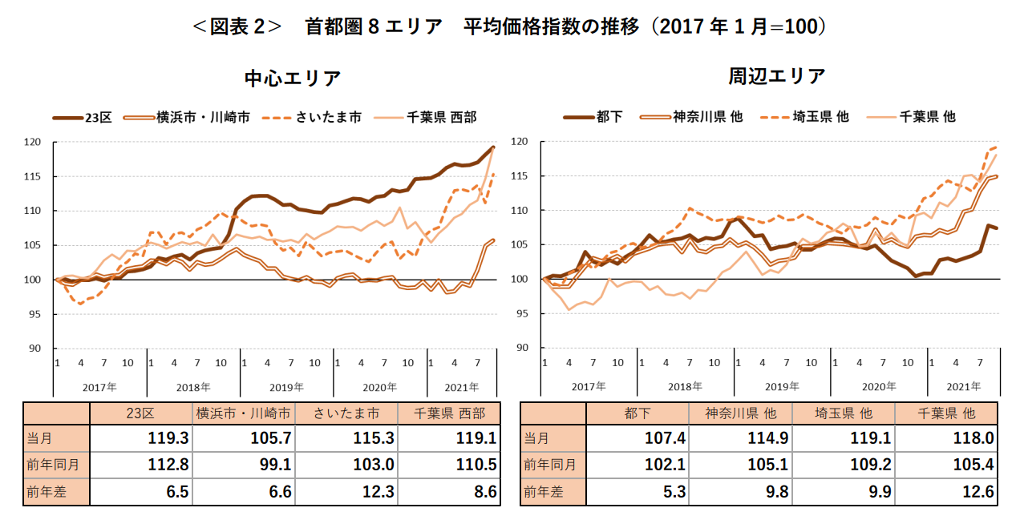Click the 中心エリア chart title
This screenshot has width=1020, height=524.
coord(293,79)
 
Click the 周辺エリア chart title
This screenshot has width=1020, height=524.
coord(776,76)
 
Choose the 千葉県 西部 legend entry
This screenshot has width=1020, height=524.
coord(441,117)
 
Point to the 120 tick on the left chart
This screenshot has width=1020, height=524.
coord(33,143)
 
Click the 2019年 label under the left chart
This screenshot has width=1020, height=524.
coord(287,387)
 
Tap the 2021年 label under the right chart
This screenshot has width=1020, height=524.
coord(962,386)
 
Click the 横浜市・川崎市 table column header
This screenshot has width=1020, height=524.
coord(244,413)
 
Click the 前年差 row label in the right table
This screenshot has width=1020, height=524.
coord(543,492)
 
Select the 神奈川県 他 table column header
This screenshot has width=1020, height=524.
coord(740,413)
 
